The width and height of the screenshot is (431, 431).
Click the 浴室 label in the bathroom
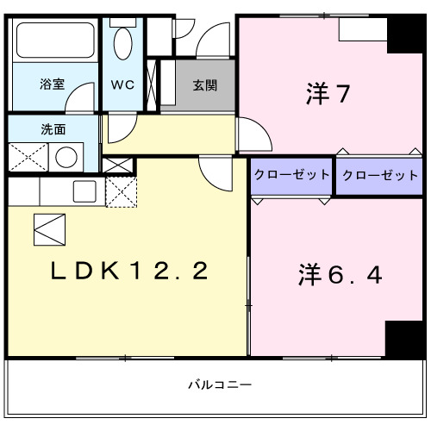(x=53, y=85)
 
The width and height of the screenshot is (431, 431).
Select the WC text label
(x=122, y=85)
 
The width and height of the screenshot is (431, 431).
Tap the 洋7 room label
(x=327, y=93)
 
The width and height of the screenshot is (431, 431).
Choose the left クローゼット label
(x=291, y=175)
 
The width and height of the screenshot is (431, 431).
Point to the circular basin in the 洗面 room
(x=66, y=158)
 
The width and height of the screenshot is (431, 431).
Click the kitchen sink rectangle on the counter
(x=84, y=191)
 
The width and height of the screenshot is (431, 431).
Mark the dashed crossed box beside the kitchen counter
(x=120, y=191)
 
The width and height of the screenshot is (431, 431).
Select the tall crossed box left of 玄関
(x=153, y=84)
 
